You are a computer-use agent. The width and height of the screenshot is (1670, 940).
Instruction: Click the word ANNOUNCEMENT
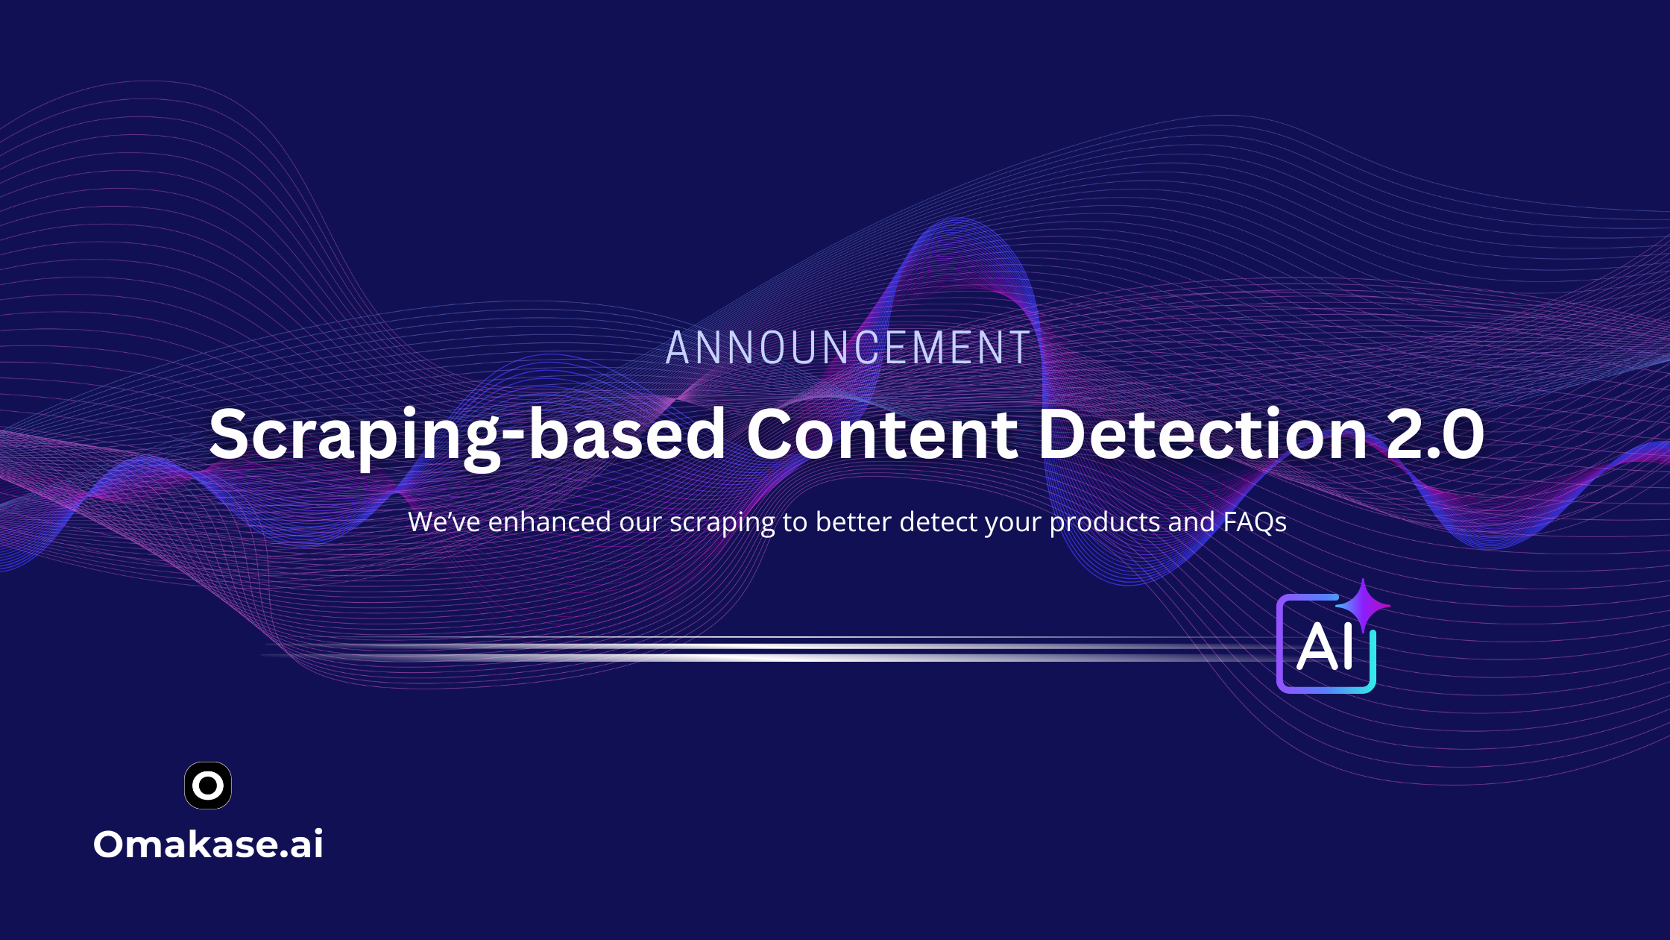(x=848, y=348)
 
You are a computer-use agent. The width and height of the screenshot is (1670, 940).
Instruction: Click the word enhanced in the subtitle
(x=549, y=521)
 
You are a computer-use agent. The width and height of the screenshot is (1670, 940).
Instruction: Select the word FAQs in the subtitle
(x=1255, y=522)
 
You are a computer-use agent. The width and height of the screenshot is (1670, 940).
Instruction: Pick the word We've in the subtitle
(x=444, y=522)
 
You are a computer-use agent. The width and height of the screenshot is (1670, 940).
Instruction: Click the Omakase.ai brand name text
(x=208, y=845)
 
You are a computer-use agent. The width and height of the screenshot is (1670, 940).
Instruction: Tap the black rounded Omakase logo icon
(x=208, y=786)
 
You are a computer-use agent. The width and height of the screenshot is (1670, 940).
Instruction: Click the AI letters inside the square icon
(x=1325, y=646)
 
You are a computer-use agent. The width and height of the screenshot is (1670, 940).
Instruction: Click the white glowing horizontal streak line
(x=768, y=649)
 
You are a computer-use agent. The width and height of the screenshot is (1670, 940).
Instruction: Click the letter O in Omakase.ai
(x=109, y=845)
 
